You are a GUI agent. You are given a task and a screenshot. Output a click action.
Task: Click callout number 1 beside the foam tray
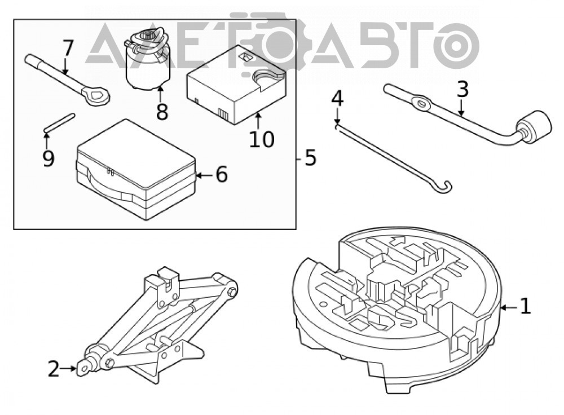point(526,306)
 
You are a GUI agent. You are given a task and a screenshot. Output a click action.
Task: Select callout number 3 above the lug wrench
point(463,90)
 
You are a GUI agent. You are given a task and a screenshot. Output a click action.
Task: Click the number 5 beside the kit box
point(310,158)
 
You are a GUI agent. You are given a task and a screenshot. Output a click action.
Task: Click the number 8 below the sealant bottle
point(162,112)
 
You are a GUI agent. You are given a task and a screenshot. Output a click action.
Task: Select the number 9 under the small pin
point(48,158)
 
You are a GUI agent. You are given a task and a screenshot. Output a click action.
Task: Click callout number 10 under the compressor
point(262,139)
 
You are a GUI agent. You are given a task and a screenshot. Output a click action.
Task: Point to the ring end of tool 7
point(96,96)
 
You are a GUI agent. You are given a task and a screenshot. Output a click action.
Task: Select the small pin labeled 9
point(59,122)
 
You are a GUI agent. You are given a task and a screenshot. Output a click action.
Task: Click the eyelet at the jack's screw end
point(83,369)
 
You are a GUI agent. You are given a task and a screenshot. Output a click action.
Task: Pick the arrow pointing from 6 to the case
point(205,175)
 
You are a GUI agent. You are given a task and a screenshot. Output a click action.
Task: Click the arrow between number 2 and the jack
point(68,369)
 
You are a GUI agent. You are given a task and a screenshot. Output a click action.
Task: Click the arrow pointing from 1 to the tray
point(509,307)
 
